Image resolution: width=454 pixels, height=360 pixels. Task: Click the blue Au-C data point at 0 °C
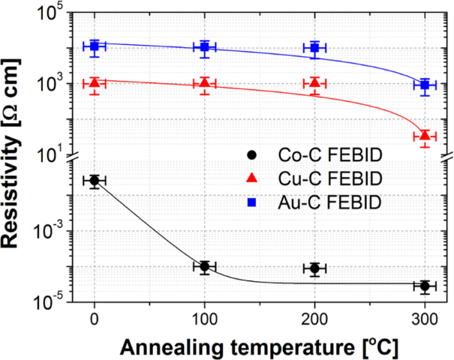95,46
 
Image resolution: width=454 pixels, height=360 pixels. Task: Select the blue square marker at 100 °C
205,47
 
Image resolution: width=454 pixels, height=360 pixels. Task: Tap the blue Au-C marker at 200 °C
315,48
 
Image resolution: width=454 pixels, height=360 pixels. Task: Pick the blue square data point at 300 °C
425,85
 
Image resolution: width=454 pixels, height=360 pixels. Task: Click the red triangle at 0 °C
95,83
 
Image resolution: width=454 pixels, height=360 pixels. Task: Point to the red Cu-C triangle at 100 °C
205,83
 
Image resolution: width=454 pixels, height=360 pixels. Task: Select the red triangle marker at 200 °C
315,83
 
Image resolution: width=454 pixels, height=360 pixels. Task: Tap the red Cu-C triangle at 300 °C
425,136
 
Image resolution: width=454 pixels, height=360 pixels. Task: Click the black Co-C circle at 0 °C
95,181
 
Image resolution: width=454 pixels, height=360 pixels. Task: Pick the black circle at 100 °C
205,266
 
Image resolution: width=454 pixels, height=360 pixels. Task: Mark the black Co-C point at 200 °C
315,268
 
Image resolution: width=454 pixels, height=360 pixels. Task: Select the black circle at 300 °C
425,286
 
